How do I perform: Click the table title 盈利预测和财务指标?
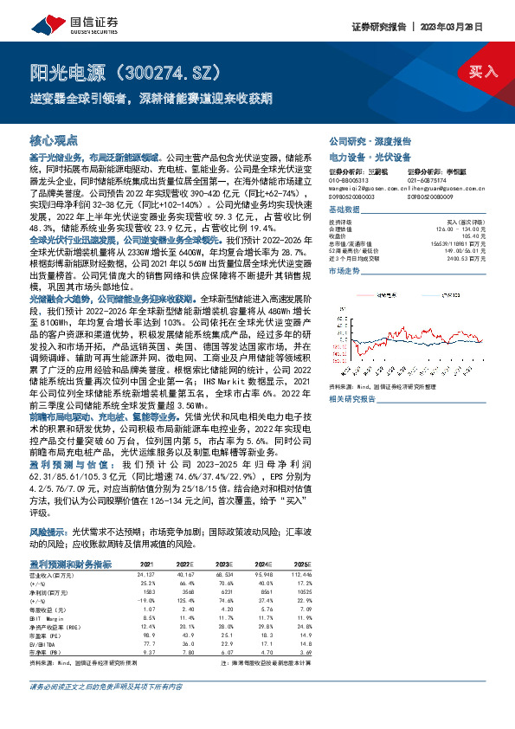(70, 564)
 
